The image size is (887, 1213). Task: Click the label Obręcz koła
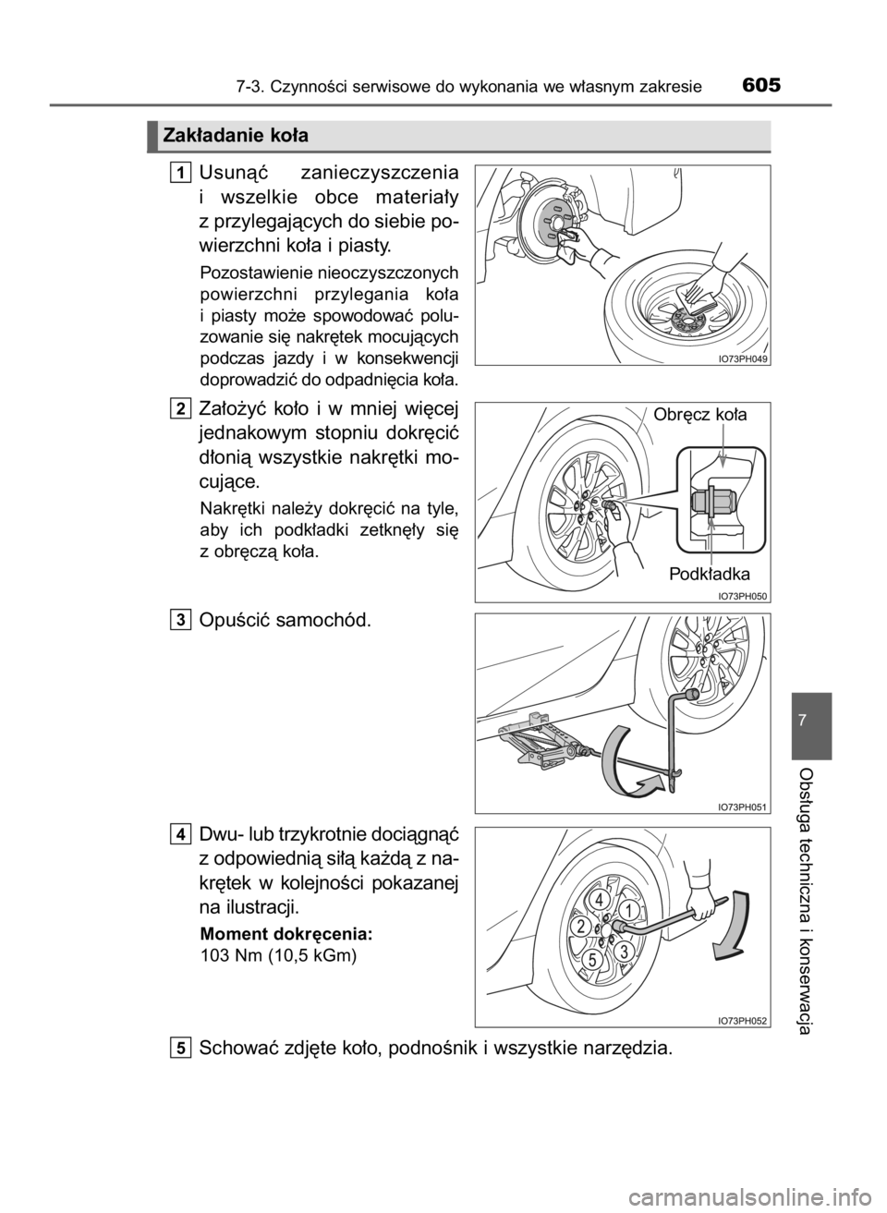tap(700, 415)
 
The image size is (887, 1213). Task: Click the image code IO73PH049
tap(743, 358)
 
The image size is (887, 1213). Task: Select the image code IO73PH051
tap(743, 807)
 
